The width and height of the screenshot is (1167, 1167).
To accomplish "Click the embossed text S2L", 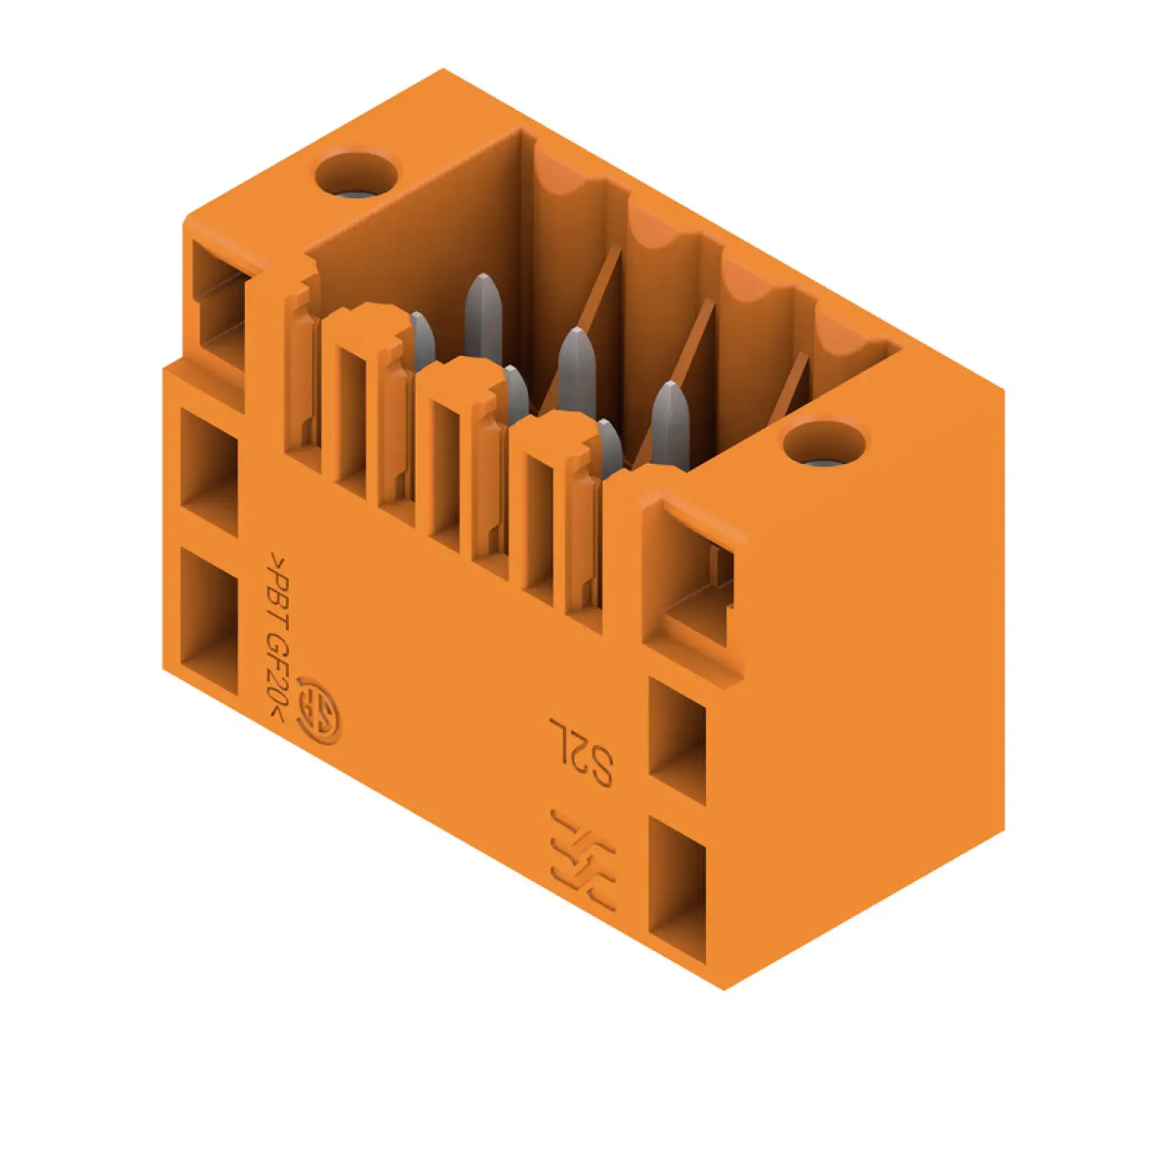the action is coord(582,750).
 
